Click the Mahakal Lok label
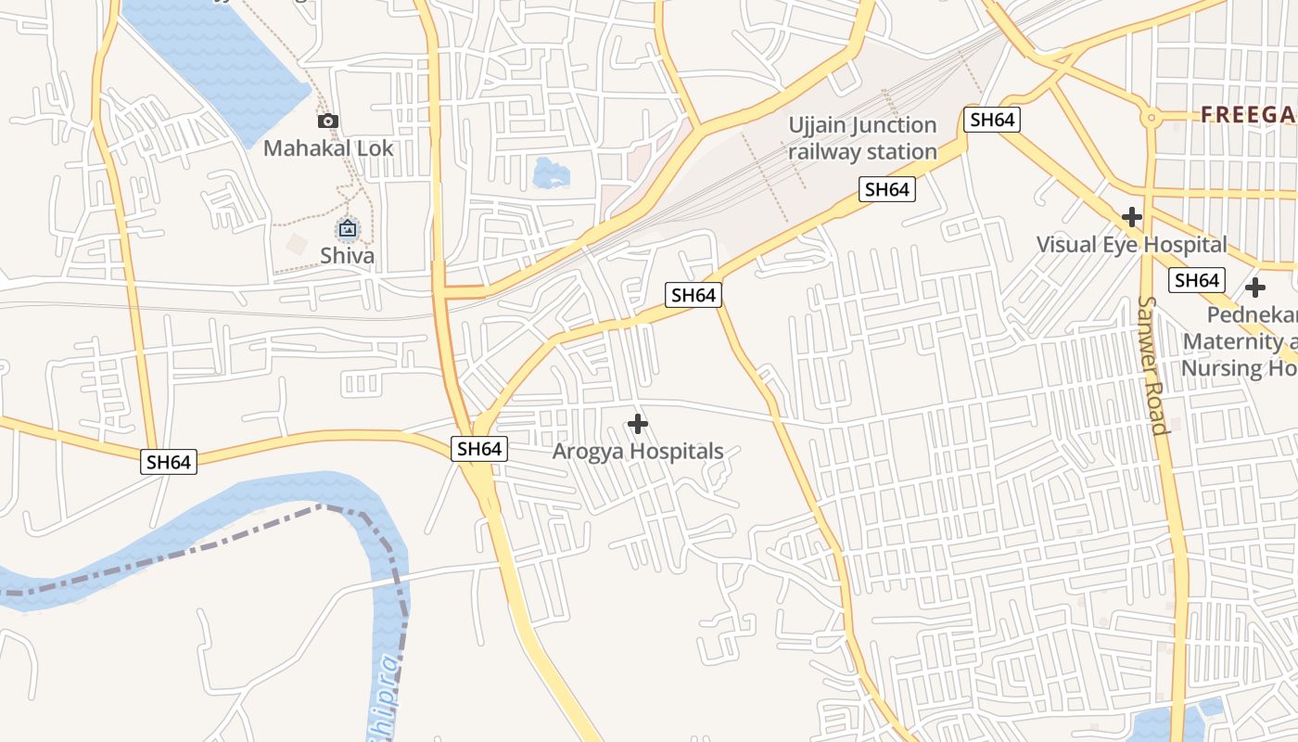(328, 148)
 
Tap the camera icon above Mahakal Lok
(327, 121)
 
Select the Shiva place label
(347, 255)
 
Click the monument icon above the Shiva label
(348, 228)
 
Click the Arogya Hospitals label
(638, 452)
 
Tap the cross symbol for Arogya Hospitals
(637, 424)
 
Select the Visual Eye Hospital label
(1131, 245)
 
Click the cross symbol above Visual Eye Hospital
(1131, 217)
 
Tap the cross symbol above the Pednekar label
(1255, 288)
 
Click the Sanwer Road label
(1152, 365)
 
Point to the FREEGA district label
(1248, 115)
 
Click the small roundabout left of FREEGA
(1151, 118)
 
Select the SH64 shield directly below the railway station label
(887, 189)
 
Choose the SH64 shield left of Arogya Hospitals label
(479, 449)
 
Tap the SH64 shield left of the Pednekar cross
(1196, 280)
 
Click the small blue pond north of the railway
(551, 173)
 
